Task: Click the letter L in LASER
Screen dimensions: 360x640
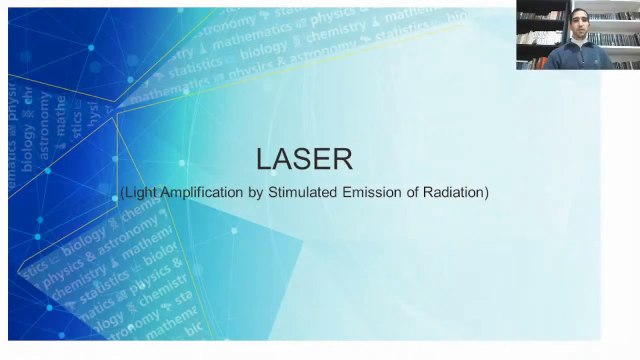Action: tap(264, 159)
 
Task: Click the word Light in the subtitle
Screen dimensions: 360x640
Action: tap(139, 191)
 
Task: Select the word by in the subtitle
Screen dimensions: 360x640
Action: tap(254, 191)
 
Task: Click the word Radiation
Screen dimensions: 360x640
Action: tap(455, 191)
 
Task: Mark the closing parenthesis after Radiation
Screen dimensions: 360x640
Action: tap(487, 191)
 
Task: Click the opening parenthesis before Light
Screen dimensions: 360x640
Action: tap(122, 191)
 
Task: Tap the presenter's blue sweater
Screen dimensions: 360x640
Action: tap(578, 58)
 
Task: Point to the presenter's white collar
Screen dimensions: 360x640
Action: tap(577, 44)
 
